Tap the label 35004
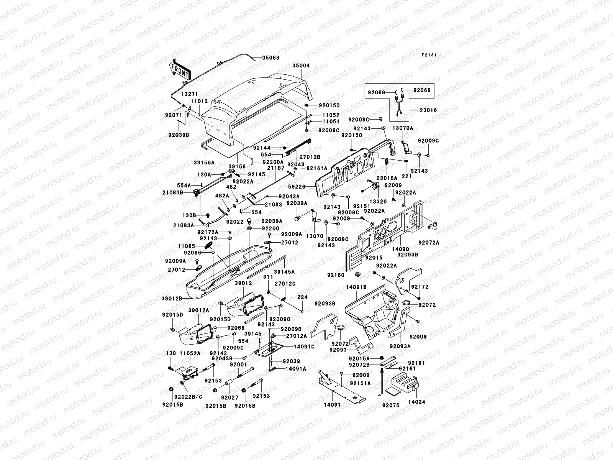301,66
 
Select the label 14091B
356,287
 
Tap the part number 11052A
190,353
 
